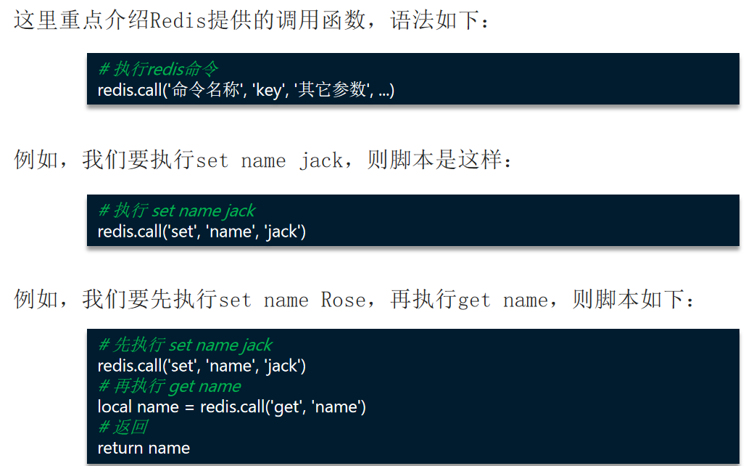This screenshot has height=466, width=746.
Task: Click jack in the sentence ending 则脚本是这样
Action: (320, 160)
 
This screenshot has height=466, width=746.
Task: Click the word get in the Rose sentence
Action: (475, 300)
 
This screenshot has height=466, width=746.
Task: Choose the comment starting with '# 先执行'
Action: (185, 346)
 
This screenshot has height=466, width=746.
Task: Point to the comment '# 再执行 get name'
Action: (169, 386)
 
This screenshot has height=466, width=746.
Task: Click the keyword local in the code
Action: (115, 407)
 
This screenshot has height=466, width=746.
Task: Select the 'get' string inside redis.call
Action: (286, 407)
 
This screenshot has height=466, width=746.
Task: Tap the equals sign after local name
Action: (188, 407)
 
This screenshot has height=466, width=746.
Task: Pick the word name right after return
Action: (168, 449)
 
